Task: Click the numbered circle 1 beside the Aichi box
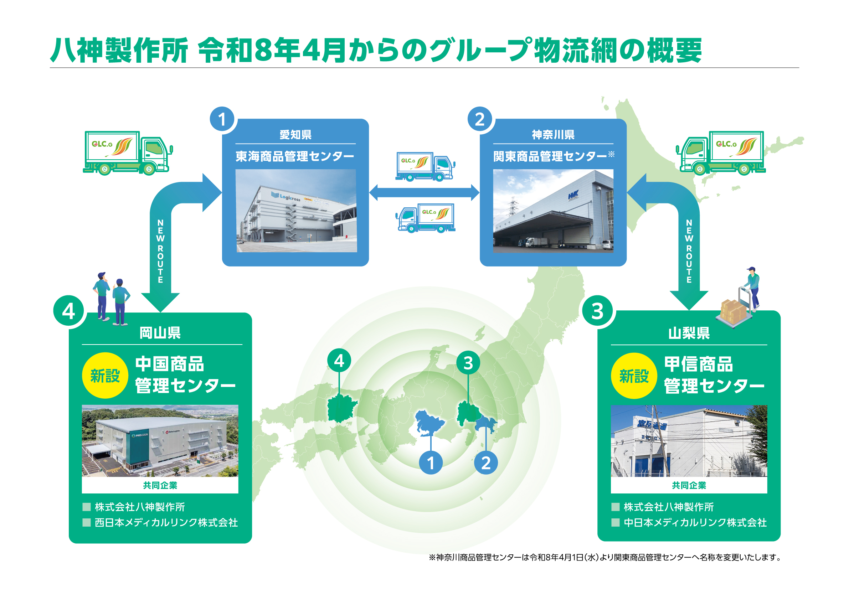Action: click(x=222, y=119)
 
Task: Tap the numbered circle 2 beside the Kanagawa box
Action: click(x=480, y=119)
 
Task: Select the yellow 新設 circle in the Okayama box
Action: click(x=105, y=376)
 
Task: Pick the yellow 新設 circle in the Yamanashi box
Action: click(x=634, y=376)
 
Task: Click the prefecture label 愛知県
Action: click(x=295, y=135)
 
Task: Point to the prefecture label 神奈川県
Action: click(x=553, y=135)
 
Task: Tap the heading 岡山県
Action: click(x=160, y=333)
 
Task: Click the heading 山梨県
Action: click(x=689, y=333)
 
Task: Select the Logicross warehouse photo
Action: click(x=296, y=211)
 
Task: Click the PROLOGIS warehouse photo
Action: click(x=160, y=441)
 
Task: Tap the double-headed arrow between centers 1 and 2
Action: click(x=424, y=193)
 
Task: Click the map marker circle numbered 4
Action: click(x=339, y=361)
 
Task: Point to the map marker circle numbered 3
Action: click(x=468, y=363)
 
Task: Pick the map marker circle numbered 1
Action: click(x=431, y=462)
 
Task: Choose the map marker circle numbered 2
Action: click(x=486, y=462)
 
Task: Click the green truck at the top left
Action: click(x=128, y=153)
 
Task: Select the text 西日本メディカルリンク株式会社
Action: click(x=166, y=522)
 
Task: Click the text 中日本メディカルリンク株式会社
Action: click(x=695, y=522)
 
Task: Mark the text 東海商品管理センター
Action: click(x=295, y=156)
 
